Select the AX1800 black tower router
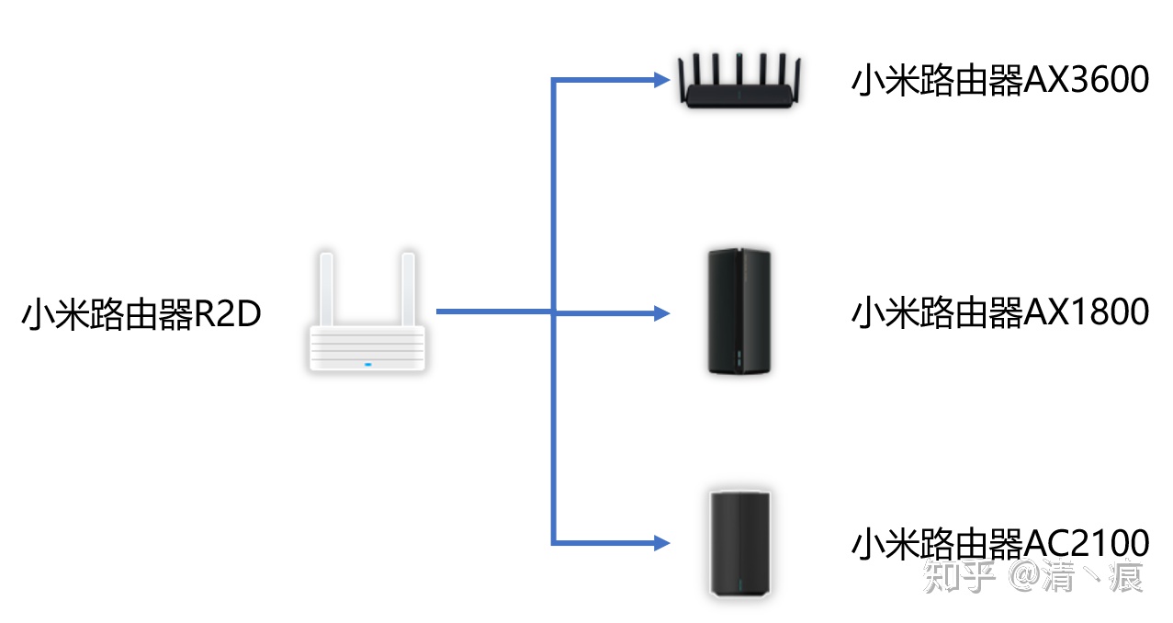pyautogui.click(x=739, y=312)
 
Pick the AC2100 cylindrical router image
pyautogui.click(x=739, y=544)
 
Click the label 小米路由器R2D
pyautogui.click(x=141, y=314)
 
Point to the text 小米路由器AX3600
pyautogui.click(x=1000, y=81)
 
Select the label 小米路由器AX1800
pyautogui.click(x=1000, y=313)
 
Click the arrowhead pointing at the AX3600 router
pyautogui.click(x=661, y=81)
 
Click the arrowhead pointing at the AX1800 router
pyautogui.click(x=661, y=313)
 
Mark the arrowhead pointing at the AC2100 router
pyautogui.click(x=661, y=541)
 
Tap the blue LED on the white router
pyautogui.click(x=367, y=364)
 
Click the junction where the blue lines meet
pyautogui.click(x=553, y=313)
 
